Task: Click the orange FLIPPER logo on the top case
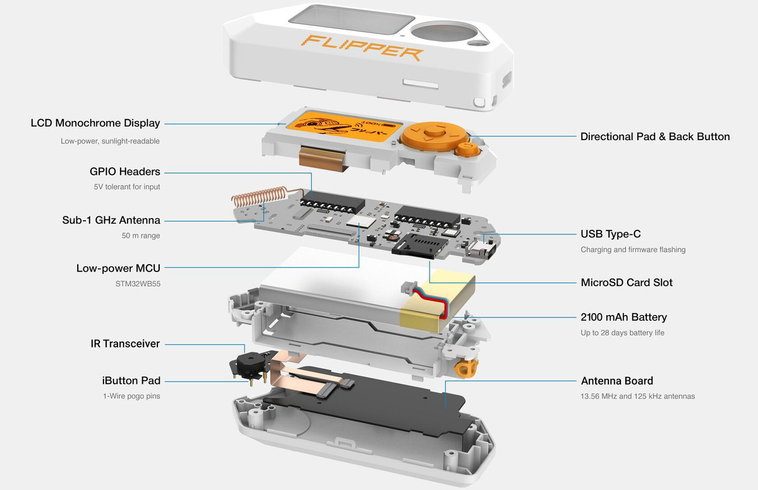click(362, 47)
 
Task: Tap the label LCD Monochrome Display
click(95, 123)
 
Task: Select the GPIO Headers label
click(125, 172)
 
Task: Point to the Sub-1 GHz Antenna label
click(111, 220)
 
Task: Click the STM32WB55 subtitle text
click(138, 284)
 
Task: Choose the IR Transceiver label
click(125, 344)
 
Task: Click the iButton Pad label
click(131, 381)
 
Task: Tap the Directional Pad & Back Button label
click(655, 136)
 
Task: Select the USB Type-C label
click(610, 234)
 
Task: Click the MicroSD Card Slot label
click(627, 282)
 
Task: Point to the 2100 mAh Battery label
click(623, 317)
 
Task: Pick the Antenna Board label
click(617, 381)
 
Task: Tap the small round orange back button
click(467, 148)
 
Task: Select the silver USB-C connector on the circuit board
click(481, 250)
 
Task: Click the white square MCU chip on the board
click(361, 222)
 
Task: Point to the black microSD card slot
click(418, 245)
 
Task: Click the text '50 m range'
click(141, 236)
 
